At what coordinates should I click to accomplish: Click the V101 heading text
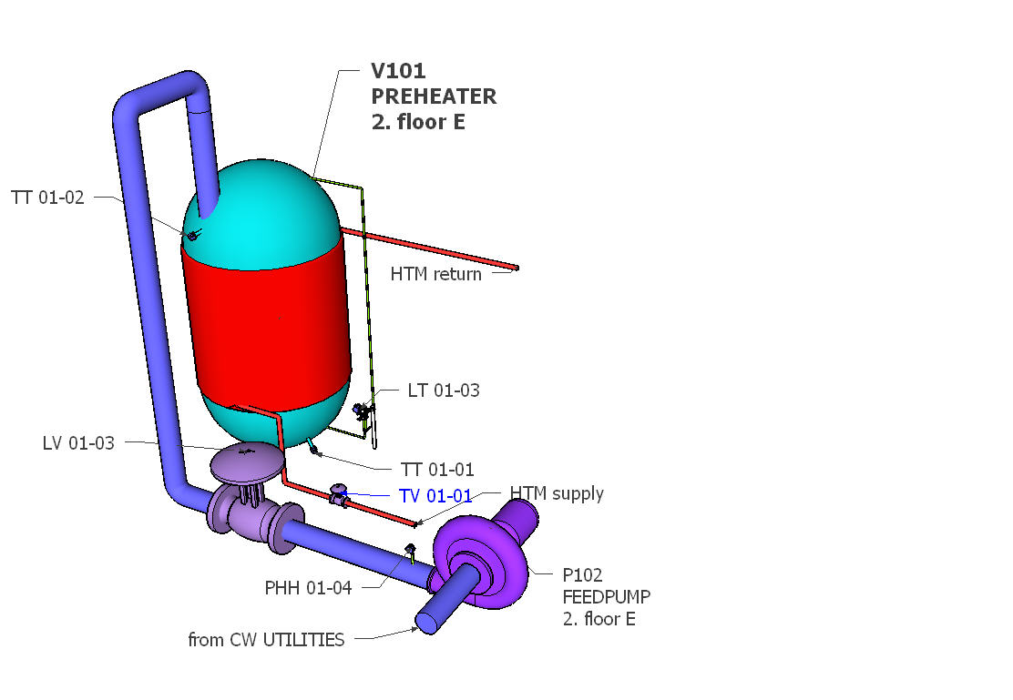(x=398, y=71)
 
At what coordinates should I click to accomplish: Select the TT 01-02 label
(x=47, y=197)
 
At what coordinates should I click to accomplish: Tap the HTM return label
(x=435, y=273)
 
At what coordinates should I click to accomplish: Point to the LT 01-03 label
(x=443, y=391)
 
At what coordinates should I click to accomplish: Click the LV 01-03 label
(x=78, y=443)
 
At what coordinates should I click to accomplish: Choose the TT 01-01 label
(x=437, y=470)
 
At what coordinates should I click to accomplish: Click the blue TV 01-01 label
(x=435, y=496)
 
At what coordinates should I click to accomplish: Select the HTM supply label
(x=557, y=493)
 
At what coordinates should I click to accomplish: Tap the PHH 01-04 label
(x=308, y=588)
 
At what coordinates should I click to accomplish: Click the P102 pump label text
(x=583, y=574)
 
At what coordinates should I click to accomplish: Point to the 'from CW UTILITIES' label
(x=266, y=640)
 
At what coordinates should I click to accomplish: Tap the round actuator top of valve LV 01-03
(x=246, y=461)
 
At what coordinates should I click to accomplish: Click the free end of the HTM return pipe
(x=516, y=268)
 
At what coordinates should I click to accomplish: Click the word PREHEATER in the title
(x=434, y=96)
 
